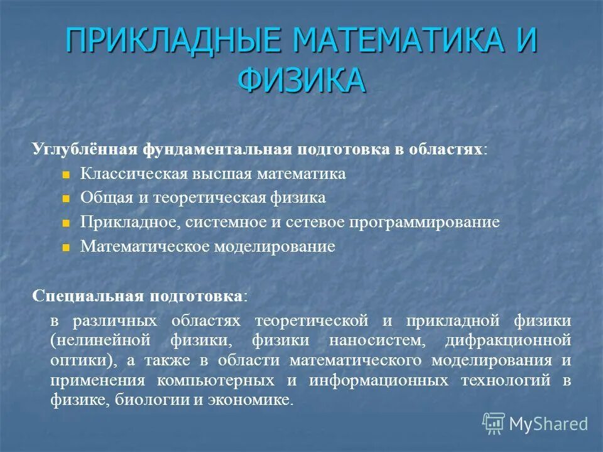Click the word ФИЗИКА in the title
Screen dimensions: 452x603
coord(301,80)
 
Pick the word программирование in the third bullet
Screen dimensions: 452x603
coord(433,222)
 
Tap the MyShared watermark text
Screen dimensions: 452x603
coord(548,424)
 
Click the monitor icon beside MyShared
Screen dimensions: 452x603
coord(494,424)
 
